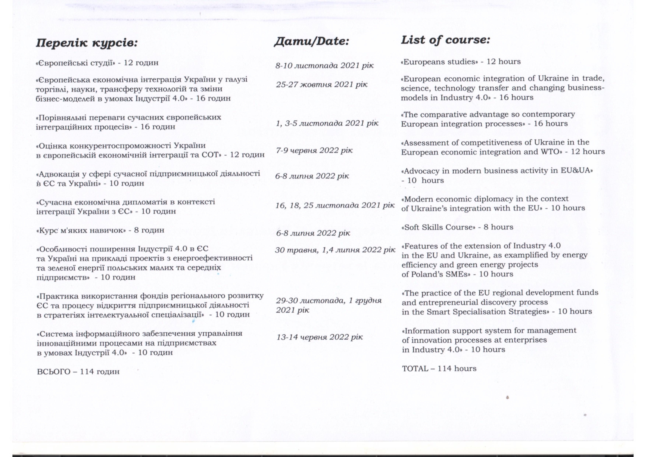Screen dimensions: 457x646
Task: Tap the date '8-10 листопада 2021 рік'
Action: coord(324,66)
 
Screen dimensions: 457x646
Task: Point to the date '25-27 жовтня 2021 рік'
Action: coord(322,84)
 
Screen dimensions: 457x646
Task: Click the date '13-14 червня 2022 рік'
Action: coord(320,337)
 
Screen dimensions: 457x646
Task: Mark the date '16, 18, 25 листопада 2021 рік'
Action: coord(335,205)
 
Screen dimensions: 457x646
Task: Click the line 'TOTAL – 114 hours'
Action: coord(439,369)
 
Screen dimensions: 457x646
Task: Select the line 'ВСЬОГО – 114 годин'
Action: coord(78,372)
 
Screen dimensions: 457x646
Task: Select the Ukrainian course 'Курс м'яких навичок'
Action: coord(81,230)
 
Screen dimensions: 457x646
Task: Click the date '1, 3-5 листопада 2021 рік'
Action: coord(327,123)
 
